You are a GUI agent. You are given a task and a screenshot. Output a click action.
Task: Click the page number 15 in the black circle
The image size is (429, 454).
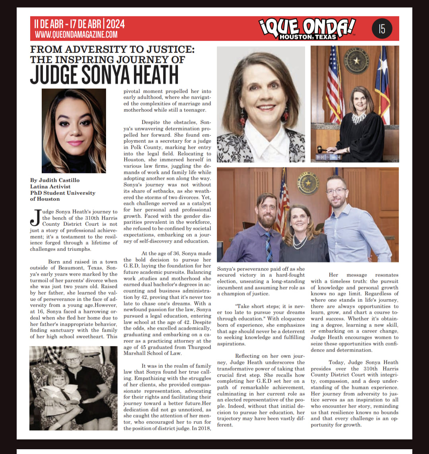click(x=382, y=29)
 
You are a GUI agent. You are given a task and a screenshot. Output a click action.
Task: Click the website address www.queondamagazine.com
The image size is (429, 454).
click(x=76, y=35)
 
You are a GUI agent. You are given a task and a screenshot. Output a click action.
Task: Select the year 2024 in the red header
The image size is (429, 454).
click(x=115, y=24)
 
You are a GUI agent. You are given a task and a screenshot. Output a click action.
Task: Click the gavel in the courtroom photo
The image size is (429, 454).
click(x=321, y=151)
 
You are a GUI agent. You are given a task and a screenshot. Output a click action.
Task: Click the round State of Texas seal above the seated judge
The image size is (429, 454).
click(x=356, y=61)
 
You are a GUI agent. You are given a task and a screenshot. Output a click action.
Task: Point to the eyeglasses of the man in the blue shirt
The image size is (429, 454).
click(x=336, y=191)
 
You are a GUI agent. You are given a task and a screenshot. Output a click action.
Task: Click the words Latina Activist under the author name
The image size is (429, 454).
click(x=50, y=186)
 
